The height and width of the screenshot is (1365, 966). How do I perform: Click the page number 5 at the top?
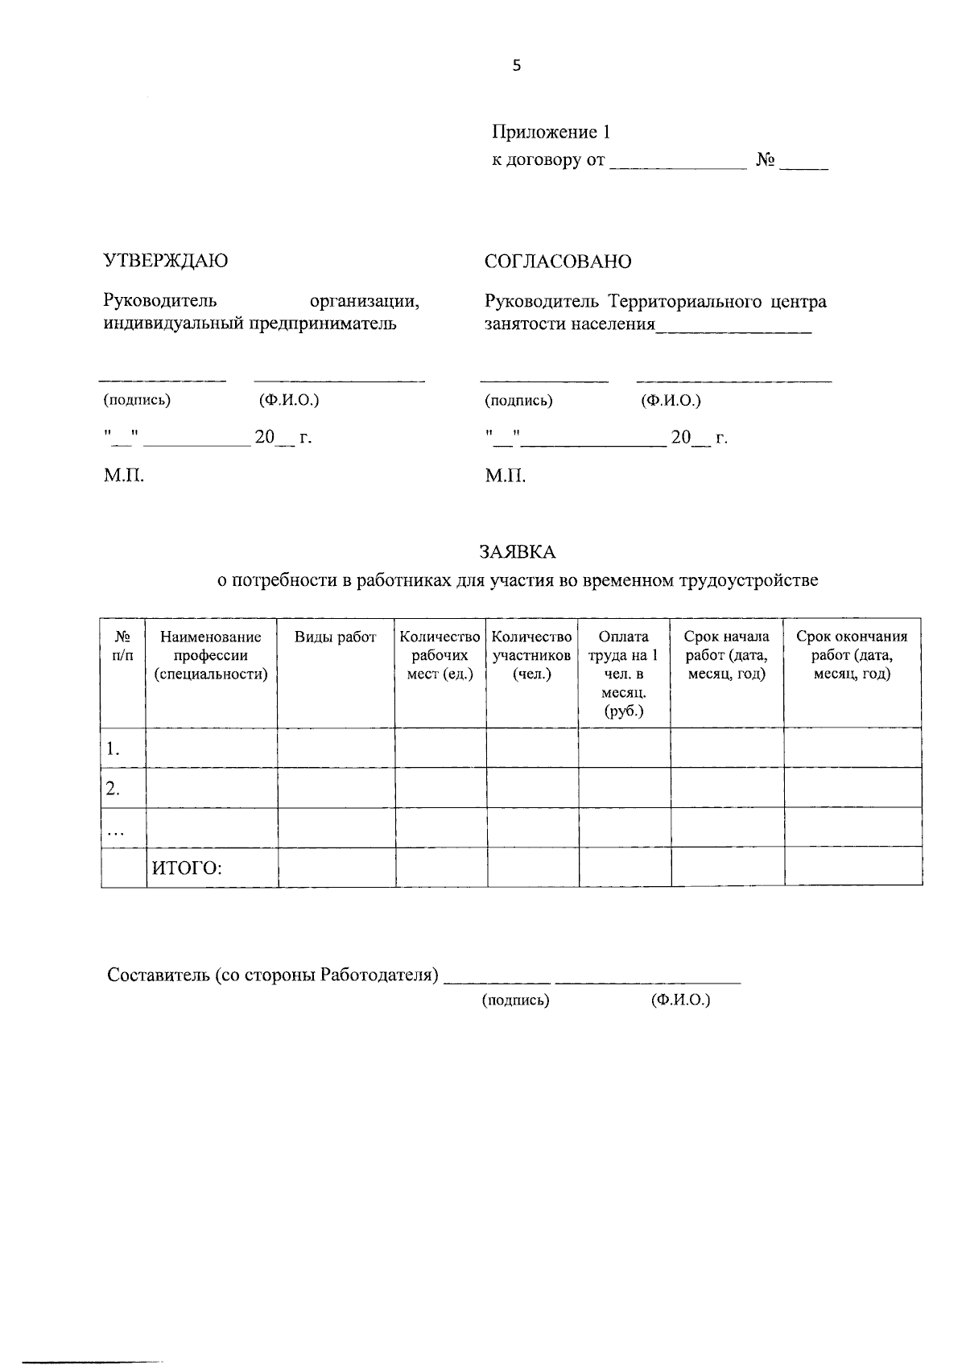tap(516, 66)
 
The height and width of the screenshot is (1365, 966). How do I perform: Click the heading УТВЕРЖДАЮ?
tap(166, 261)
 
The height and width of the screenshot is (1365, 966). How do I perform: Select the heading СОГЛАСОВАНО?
tap(558, 262)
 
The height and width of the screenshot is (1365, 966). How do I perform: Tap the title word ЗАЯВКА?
tap(518, 552)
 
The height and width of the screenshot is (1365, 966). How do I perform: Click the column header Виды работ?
tap(335, 637)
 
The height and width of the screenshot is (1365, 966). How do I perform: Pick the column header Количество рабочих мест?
tap(440, 655)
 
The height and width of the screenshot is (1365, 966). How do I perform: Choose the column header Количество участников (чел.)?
tap(531, 655)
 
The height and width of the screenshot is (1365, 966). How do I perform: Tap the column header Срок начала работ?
tap(726, 655)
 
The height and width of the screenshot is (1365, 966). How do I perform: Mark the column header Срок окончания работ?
tap(852, 655)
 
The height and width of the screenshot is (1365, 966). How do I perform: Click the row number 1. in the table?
tap(113, 749)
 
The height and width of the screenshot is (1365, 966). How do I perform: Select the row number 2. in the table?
tap(113, 789)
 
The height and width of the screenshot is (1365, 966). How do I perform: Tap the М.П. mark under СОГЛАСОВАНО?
tap(505, 477)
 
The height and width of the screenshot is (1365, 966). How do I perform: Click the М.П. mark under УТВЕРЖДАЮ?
tap(124, 476)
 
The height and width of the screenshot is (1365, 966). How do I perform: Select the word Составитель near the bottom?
tap(158, 975)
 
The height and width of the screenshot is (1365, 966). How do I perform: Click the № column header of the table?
tap(122, 645)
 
